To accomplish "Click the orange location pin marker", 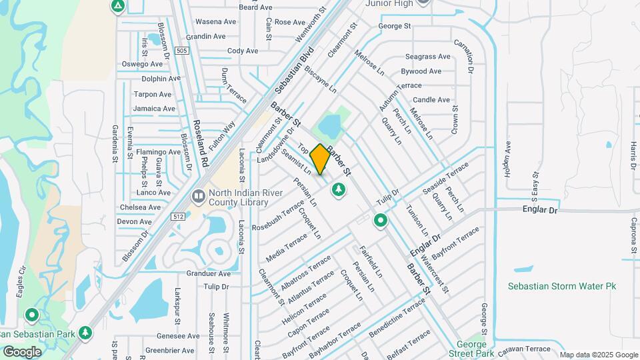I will click(x=320, y=159).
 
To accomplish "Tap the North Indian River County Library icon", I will click(x=199, y=197).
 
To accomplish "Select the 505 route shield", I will click(x=182, y=50).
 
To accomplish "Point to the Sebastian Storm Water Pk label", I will click(x=561, y=286).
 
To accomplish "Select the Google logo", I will click(x=22, y=351).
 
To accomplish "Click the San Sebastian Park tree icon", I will click(x=85, y=332).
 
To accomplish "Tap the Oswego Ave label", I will click(x=142, y=64).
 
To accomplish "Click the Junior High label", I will click(x=390, y=3).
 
